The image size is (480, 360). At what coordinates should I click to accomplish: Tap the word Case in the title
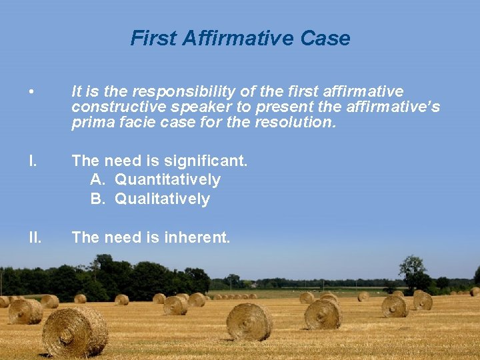325,38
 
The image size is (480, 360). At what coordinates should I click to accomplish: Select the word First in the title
153,38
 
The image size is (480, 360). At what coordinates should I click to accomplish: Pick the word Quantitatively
167,180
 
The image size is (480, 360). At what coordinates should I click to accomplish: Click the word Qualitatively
162,199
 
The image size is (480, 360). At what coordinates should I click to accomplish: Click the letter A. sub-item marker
98,180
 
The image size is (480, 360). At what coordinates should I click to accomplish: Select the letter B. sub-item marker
98,199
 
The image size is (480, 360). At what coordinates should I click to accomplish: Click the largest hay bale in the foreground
75,331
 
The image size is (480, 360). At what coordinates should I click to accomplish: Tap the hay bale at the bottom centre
249,321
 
